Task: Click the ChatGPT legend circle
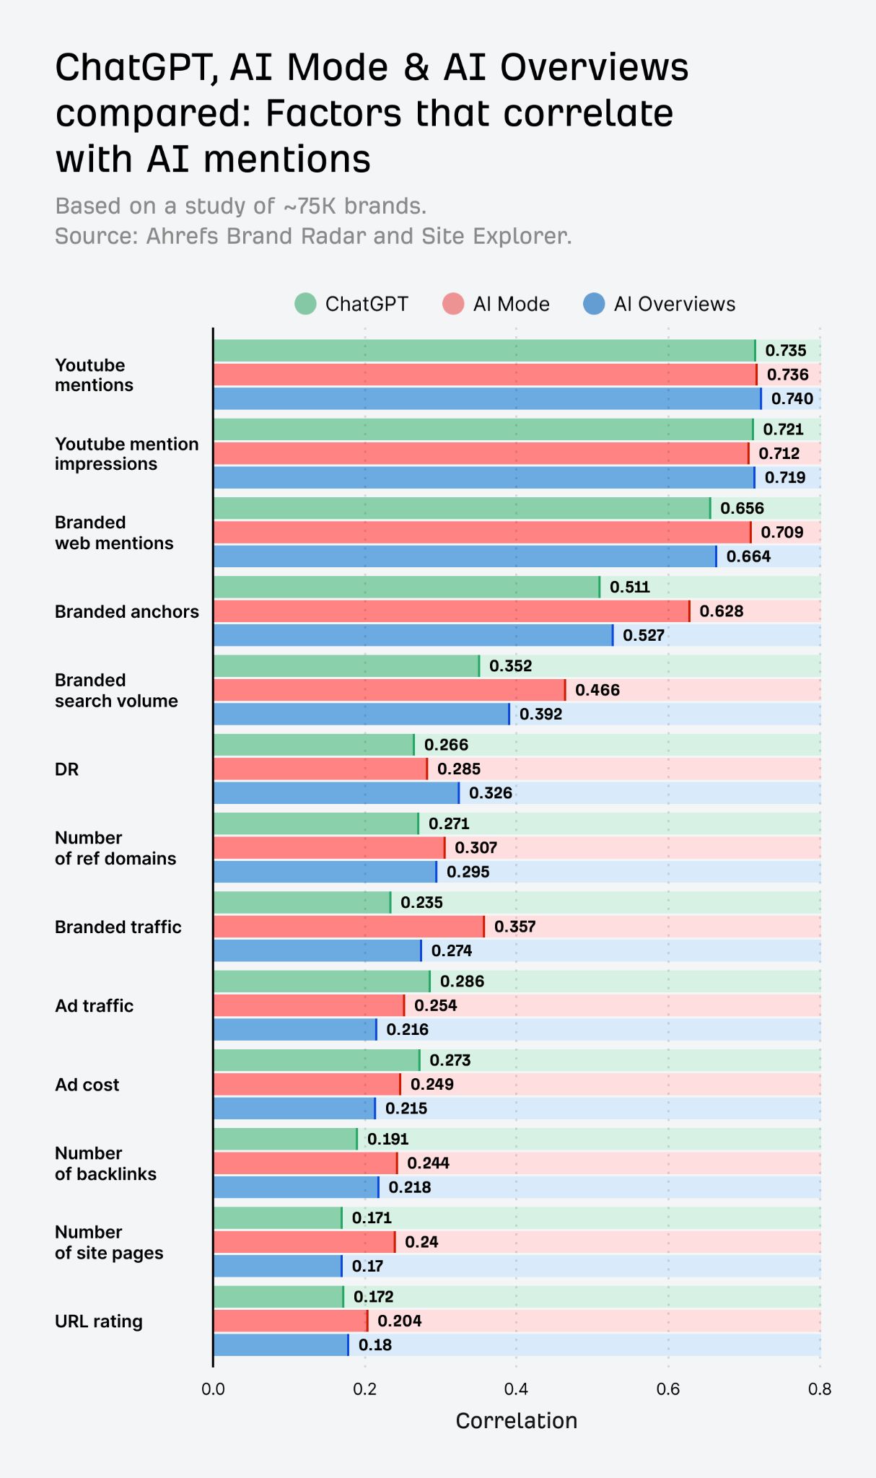click(305, 304)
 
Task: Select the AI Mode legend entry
click(496, 304)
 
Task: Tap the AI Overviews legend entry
click(660, 304)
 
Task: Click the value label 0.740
click(792, 398)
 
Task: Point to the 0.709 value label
click(781, 532)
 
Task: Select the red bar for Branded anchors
click(451, 611)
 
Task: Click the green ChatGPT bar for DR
click(313, 745)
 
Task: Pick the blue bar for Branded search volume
click(361, 714)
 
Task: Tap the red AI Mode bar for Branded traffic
click(349, 927)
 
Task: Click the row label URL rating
click(99, 1321)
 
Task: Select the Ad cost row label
click(87, 1085)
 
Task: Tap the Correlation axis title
click(516, 1421)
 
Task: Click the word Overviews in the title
click(594, 68)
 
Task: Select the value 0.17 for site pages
click(367, 1266)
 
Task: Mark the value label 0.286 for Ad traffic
click(462, 981)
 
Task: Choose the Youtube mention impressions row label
click(126, 454)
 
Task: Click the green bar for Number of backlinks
click(285, 1139)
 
